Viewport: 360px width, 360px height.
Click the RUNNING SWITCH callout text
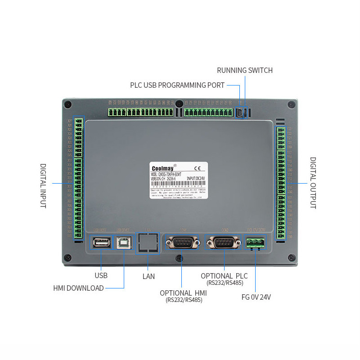coord(245,70)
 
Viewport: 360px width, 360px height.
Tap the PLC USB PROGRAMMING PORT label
coord(177,85)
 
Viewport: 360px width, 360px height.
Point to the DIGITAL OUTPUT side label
coord(313,183)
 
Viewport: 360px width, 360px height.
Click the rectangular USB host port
coord(102,243)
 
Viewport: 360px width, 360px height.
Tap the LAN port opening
coord(148,243)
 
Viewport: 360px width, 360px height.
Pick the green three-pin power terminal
coord(255,243)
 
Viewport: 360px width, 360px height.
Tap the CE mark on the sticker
coord(197,169)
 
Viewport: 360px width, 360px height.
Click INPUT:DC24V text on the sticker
coord(196,178)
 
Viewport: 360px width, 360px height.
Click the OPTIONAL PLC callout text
coord(224,276)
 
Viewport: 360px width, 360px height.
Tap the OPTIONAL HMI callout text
coord(184,293)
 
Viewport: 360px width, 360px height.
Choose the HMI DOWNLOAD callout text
coord(79,288)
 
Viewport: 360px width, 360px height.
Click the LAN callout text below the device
coord(148,276)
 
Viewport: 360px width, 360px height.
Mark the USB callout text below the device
coord(101,275)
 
